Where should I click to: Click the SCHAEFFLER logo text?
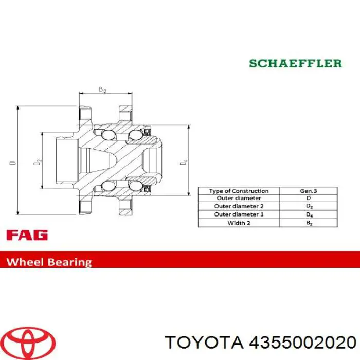pos(295,63)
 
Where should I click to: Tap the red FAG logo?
pos(27,236)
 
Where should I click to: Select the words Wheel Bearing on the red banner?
pos(49,261)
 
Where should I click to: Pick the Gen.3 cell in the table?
pos(308,191)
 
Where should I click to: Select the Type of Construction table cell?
pos(239,191)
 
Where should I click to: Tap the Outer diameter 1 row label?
pos(239,214)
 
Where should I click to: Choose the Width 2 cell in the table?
pos(239,223)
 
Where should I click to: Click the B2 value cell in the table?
pos(308,223)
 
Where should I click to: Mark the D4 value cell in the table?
pos(308,214)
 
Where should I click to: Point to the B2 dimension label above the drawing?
pos(102,89)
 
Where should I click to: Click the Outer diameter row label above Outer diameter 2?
pos(239,199)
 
